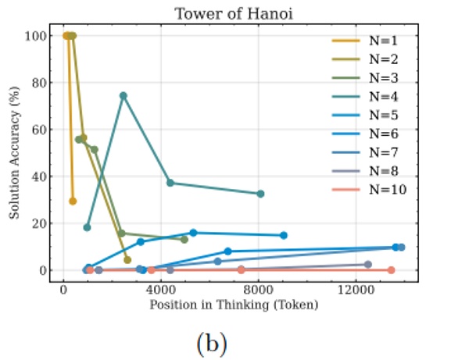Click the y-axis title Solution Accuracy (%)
[15, 153]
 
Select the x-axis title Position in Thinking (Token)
[234, 305]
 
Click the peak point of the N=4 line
[124, 96]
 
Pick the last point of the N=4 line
[260, 194]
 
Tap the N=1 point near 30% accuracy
[73, 201]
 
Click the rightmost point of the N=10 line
[391, 270]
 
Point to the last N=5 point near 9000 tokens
[283, 235]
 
